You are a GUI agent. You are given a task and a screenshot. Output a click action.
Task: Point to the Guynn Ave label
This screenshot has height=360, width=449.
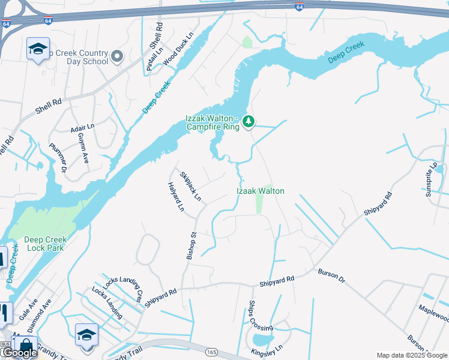point(83,148)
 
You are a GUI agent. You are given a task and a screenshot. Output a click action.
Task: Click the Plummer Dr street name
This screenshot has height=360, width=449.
point(58,158)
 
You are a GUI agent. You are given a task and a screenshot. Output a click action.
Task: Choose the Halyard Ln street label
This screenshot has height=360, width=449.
point(176,197)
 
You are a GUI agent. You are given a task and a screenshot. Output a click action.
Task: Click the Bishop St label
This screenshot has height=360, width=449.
point(191,247)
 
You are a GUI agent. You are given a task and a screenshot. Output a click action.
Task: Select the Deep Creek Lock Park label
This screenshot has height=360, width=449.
point(46,244)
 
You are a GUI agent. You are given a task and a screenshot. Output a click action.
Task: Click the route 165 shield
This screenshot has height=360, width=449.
point(211,352)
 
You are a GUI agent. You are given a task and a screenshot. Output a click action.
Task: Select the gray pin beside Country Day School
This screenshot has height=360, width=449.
point(117,57)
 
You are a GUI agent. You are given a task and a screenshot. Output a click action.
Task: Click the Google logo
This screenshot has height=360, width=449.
point(19,353)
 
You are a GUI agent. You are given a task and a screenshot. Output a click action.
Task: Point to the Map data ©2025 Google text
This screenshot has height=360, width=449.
point(412,355)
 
